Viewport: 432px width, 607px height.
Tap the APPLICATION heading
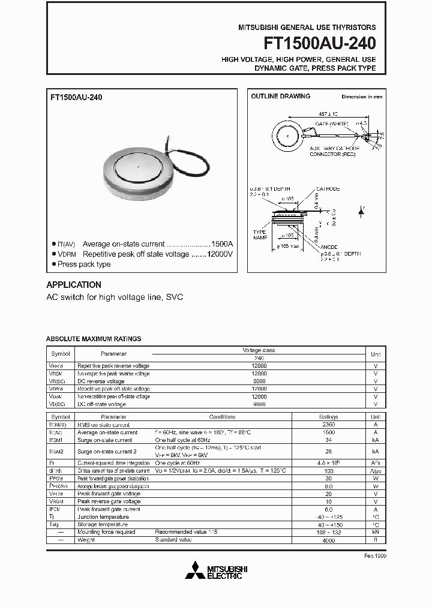pos(74,285)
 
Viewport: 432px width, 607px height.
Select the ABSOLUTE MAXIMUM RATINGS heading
pos(94,339)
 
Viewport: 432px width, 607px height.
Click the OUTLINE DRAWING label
pos(280,96)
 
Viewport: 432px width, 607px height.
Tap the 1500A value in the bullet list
pos(221,244)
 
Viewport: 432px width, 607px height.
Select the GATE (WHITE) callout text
pos(332,123)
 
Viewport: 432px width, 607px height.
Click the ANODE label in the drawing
pos(329,247)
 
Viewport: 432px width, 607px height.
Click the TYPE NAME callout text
pos(259,235)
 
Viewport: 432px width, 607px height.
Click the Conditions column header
pos(222,417)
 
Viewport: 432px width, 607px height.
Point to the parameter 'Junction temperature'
pos(103,516)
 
